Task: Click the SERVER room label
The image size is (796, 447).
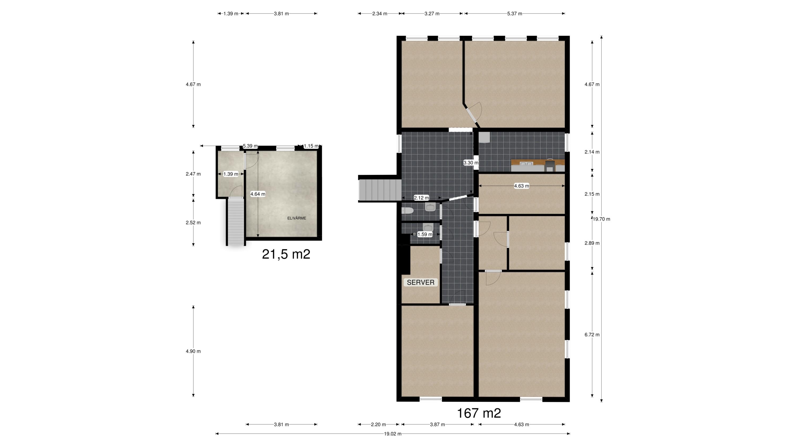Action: tap(421, 282)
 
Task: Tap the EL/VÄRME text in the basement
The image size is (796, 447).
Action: tap(297, 218)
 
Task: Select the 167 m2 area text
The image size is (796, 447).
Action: tap(479, 413)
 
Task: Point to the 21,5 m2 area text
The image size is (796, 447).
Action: tap(286, 254)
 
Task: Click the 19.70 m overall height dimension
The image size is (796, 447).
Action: tap(601, 219)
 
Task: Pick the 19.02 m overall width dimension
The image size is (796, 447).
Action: tap(393, 434)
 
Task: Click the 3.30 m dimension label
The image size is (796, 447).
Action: tap(471, 163)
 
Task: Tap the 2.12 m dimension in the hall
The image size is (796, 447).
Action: tap(421, 198)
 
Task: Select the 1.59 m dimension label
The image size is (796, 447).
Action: tap(425, 234)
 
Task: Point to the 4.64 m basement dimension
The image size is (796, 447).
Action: tap(258, 194)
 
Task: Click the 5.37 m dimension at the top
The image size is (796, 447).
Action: tap(514, 14)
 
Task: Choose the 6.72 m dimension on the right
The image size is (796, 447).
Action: tap(592, 335)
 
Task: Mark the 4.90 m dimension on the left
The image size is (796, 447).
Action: tap(193, 351)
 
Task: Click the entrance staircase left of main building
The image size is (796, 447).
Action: tap(379, 190)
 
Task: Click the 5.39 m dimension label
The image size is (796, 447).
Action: tap(250, 146)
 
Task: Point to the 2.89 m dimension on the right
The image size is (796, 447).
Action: tap(592, 243)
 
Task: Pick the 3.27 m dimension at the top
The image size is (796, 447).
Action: tap(432, 14)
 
